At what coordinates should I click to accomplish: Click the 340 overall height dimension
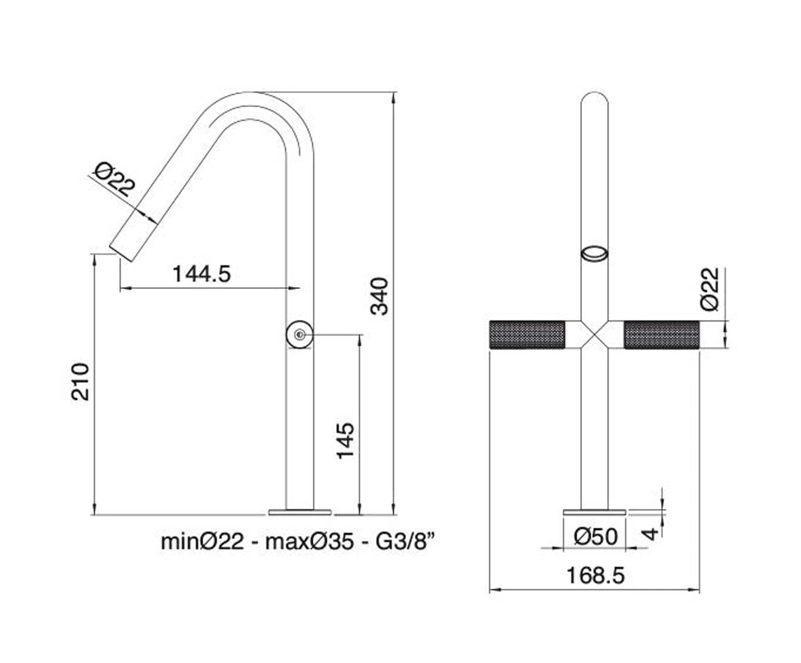[380, 296]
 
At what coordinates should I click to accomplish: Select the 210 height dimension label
[81, 381]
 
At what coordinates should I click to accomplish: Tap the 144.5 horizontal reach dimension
[202, 274]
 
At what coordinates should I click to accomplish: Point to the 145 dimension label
[346, 440]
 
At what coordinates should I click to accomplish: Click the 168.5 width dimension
[595, 576]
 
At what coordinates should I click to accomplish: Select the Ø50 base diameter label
[595, 537]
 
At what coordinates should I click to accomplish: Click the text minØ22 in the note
[202, 541]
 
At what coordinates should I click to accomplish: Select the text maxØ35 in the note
[309, 541]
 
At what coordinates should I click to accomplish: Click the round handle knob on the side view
[299, 334]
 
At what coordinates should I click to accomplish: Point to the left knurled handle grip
[527, 334]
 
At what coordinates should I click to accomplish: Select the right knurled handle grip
[661, 334]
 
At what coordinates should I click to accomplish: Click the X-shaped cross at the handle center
[595, 334]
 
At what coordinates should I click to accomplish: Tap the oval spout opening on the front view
[595, 254]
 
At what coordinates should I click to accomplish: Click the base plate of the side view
[300, 512]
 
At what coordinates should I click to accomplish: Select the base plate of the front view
[595, 512]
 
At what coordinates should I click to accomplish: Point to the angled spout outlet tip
[124, 250]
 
